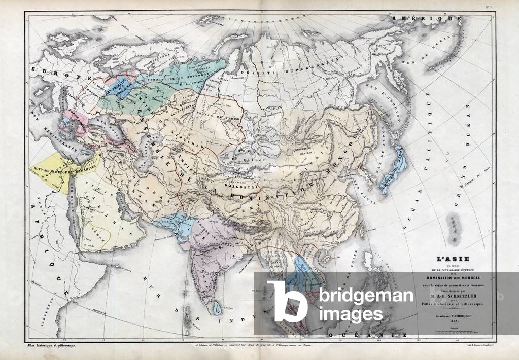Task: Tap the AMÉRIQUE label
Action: click(x=427, y=19)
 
